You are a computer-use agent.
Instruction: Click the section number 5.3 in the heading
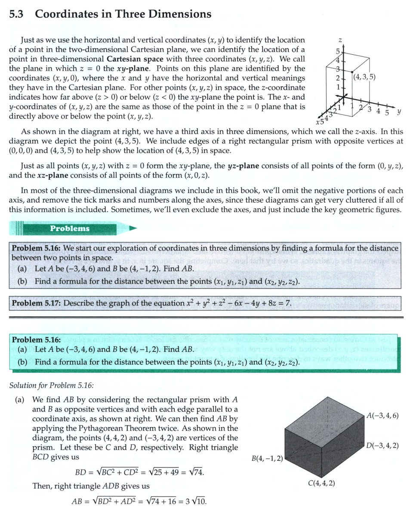17,14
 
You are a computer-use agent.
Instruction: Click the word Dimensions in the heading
180,14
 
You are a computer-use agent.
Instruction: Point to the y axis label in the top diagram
400,111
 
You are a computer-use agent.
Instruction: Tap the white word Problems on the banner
70,228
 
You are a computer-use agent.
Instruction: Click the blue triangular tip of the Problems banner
133,228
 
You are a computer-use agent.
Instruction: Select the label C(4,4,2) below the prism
322,483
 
